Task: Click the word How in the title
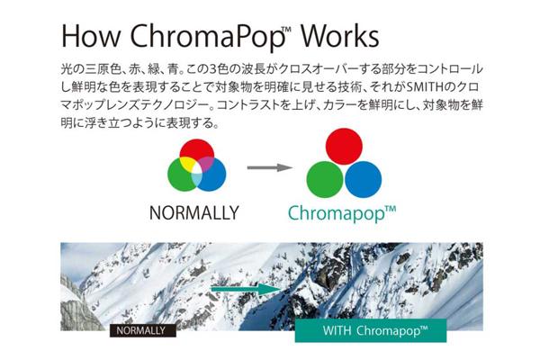(91, 35)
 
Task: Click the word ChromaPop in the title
(207, 37)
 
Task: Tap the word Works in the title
(339, 35)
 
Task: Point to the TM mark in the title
(287, 29)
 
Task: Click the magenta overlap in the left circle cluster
(206, 163)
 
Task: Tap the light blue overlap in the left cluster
(196, 178)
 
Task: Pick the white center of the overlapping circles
(196, 168)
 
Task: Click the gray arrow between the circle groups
(270, 167)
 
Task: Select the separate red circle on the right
(344, 146)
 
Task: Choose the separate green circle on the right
(325, 179)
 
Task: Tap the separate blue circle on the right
(363, 179)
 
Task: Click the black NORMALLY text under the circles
(193, 213)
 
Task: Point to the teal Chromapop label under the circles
(342, 214)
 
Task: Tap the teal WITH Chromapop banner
(371, 330)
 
